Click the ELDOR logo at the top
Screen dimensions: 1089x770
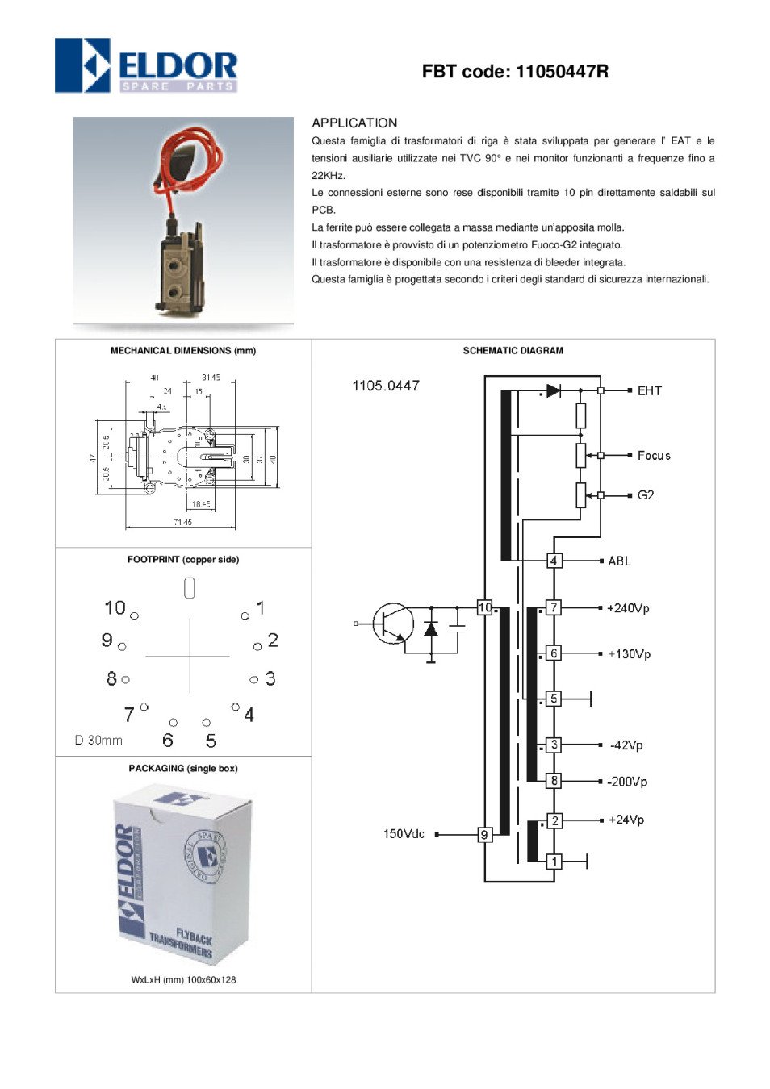[146, 65]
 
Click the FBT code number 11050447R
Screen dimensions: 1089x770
[561, 72]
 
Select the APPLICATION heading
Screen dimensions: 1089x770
[354, 123]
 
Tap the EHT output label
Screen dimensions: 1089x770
[649, 390]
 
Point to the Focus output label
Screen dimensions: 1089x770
[653, 456]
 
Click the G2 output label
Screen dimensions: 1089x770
[645, 495]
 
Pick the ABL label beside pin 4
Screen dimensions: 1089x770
[619, 561]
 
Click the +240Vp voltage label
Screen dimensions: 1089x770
[628, 608]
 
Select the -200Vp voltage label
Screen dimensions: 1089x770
[627, 782]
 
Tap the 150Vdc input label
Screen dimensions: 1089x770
[404, 834]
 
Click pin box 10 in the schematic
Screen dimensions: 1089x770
[484, 607]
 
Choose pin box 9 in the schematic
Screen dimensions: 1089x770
[484, 835]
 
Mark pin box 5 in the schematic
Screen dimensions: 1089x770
[554, 699]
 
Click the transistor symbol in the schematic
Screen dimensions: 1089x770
[392, 624]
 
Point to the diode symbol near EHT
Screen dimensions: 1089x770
[553, 390]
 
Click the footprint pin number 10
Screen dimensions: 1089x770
[115, 607]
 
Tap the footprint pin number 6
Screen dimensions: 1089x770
[168, 741]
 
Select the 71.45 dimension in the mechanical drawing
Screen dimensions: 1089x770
[182, 523]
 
